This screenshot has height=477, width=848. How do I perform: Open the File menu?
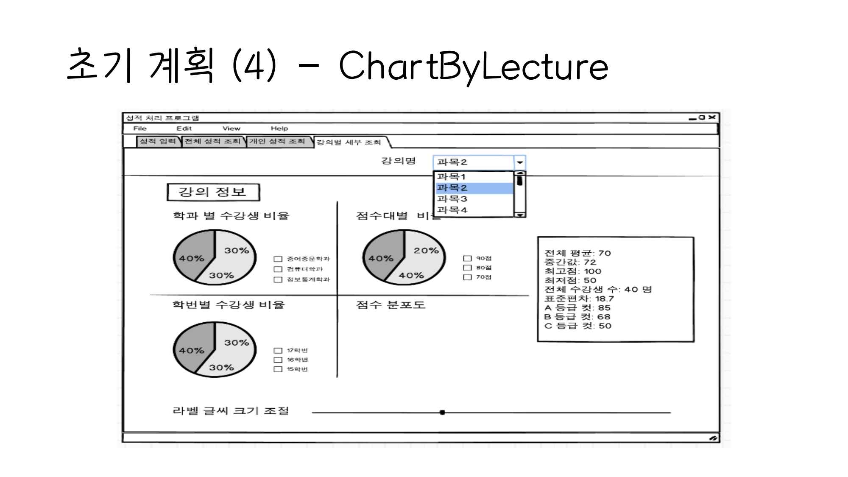[140, 128]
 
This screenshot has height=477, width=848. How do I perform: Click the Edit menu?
[184, 128]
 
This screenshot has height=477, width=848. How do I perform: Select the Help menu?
[279, 128]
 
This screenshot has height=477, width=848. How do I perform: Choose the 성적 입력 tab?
[158, 141]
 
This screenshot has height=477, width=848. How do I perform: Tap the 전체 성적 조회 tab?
[212, 141]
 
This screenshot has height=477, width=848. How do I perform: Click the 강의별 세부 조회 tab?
[349, 142]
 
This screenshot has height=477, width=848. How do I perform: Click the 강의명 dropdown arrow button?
[520, 162]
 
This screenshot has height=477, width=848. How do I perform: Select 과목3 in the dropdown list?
[452, 199]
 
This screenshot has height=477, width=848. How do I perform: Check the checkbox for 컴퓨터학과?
[278, 269]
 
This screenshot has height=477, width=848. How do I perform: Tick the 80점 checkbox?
[467, 268]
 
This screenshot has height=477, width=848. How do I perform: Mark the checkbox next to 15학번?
[278, 369]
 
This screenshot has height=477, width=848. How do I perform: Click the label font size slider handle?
[442, 412]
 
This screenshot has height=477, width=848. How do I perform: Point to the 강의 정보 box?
[213, 192]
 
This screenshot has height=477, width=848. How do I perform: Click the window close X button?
[712, 117]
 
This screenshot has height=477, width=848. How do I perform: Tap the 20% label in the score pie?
[426, 251]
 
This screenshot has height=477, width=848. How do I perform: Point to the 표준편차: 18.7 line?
[579, 298]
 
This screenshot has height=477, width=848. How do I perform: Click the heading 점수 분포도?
[391, 305]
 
